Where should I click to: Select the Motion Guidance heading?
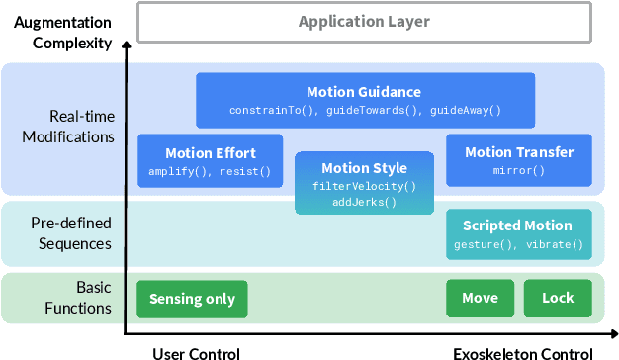[364, 92]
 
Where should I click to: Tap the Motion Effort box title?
[210, 152]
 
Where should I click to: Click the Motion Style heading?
[364, 168]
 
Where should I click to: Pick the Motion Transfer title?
[518, 152]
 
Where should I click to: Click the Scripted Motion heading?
[517, 225]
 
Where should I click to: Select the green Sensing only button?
[192, 298]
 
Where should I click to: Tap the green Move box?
[480, 298]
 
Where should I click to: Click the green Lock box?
[558, 298]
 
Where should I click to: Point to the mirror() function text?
[518, 170]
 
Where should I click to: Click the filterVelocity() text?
[364, 186]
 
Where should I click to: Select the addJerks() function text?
[364, 201]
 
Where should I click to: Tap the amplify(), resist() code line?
[210, 170]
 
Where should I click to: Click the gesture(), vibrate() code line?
[517, 244]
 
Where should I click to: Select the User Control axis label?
[196, 352]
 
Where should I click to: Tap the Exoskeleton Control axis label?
[523, 352]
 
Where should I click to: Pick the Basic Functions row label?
[79, 297]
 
